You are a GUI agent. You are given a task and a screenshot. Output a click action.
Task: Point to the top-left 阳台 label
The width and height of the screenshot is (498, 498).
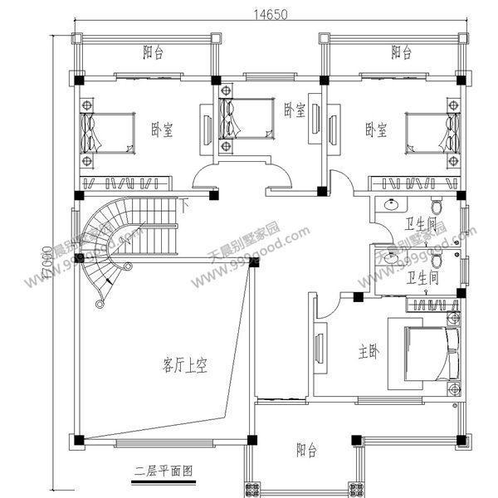pyautogui.click(x=152, y=53)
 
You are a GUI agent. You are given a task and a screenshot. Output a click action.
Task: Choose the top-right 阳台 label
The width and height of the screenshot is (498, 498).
pyautogui.click(x=401, y=53)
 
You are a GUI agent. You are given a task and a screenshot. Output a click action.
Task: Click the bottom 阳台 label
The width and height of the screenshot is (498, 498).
pyautogui.click(x=306, y=452)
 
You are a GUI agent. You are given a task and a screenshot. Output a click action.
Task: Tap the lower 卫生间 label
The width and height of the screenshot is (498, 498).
pyautogui.click(x=422, y=277)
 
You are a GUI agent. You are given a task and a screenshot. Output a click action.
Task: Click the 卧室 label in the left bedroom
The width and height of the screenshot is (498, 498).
pyautogui.click(x=162, y=129)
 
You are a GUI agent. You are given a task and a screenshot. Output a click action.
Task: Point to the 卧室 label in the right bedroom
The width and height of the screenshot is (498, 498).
pyautogui.click(x=377, y=129)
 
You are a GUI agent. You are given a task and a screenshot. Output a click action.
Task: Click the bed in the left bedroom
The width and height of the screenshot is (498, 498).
pyautogui.click(x=108, y=133)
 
